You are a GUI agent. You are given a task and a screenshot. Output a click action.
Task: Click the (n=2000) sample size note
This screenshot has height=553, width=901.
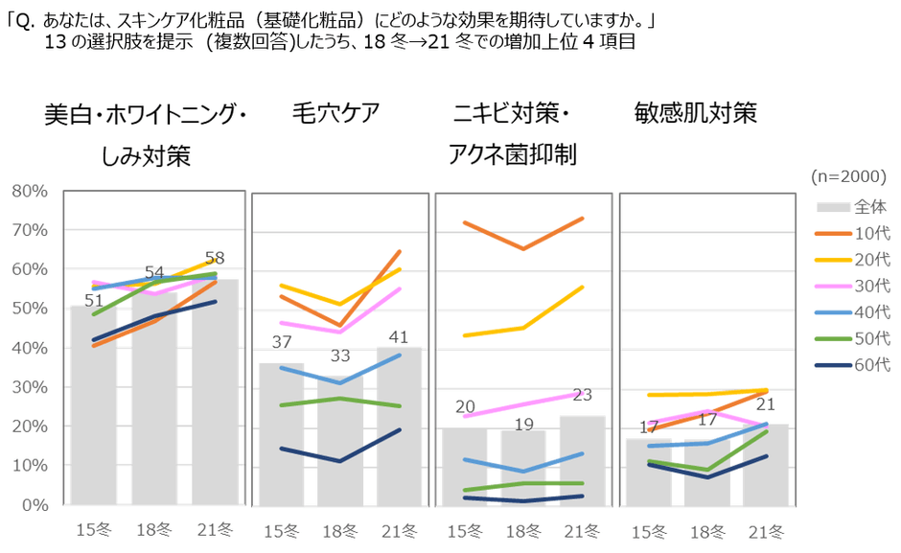pyautogui.click(x=849, y=176)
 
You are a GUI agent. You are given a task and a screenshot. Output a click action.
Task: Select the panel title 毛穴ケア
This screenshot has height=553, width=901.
pyautogui.click(x=335, y=114)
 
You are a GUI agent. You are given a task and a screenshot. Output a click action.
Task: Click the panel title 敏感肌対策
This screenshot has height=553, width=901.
pyautogui.click(x=695, y=114)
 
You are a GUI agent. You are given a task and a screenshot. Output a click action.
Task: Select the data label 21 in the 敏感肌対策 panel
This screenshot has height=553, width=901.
pyautogui.click(x=767, y=404)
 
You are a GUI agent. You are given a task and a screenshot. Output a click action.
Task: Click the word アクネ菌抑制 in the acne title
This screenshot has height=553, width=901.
pyautogui.click(x=512, y=154)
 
